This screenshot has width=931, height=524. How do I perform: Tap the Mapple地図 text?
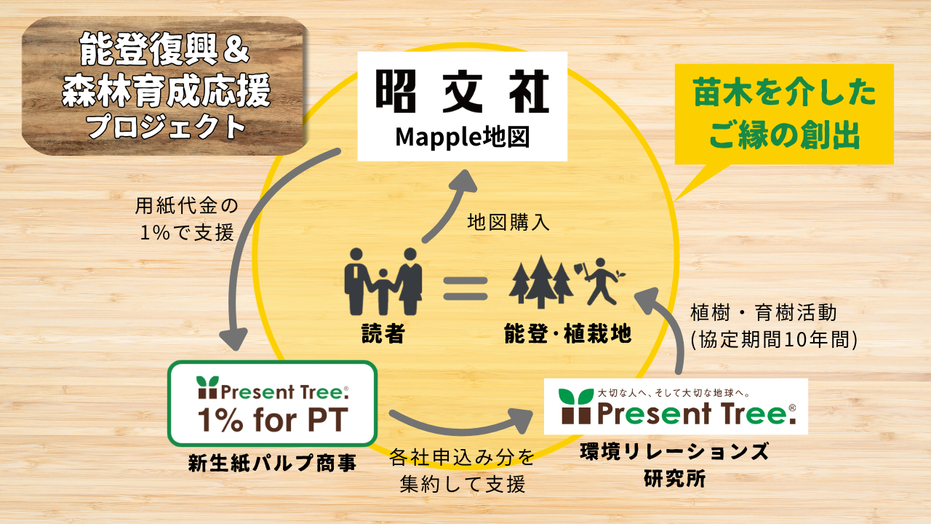click(x=462, y=137)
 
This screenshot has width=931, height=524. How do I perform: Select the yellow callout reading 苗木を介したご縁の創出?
click(x=784, y=114)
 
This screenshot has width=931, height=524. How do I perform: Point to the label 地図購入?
click(x=508, y=223)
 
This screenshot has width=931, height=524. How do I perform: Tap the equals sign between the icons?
click(x=465, y=286)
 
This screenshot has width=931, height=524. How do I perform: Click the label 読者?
click(x=383, y=334)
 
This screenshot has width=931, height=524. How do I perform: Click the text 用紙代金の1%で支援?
click(x=187, y=219)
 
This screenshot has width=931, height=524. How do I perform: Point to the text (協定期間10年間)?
click(x=773, y=338)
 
